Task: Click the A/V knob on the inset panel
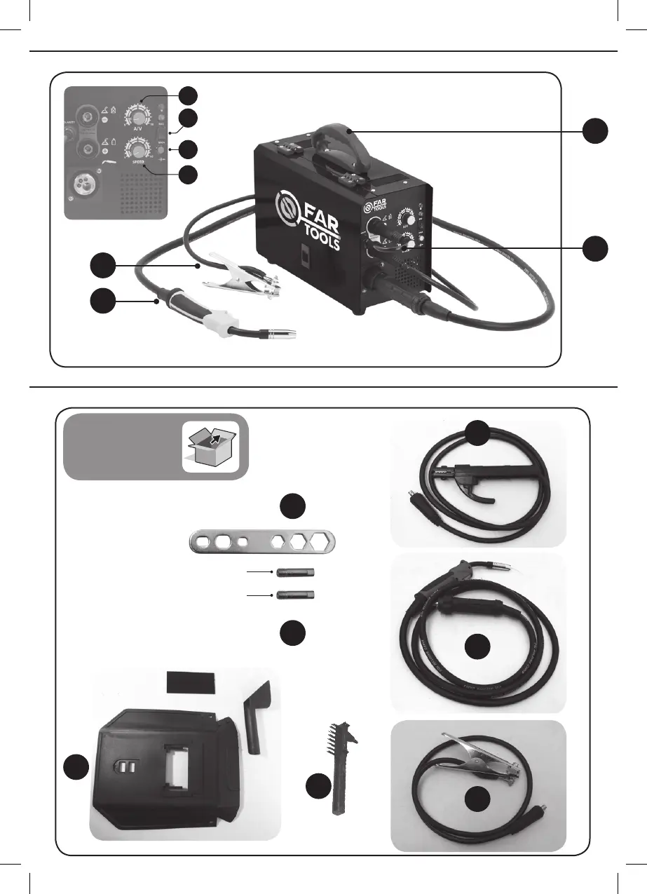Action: [138, 115]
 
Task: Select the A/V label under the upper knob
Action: [138, 130]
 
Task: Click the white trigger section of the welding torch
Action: [218, 325]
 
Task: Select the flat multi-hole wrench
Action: [263, 542]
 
